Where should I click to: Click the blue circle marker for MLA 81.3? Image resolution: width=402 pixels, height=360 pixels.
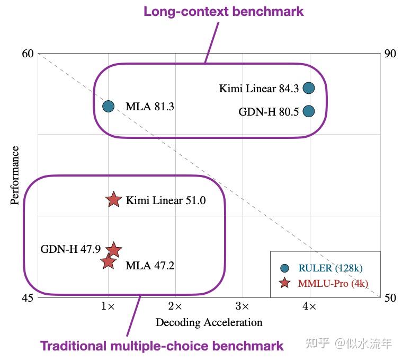click(108, 106)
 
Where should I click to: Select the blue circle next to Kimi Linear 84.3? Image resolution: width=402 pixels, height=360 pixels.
click(309, 88)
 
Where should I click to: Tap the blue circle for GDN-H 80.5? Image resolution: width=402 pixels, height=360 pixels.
click(309, 111)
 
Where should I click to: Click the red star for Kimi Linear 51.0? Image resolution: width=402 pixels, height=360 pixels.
click(113, 200)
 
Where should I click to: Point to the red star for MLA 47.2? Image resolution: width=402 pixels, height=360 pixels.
click(108, 261)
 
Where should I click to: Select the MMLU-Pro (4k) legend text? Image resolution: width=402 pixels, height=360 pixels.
click(333, 283)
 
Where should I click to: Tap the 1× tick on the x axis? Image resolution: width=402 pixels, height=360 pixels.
click(108, 306)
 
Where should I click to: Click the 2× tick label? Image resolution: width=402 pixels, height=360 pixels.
click(175, 306)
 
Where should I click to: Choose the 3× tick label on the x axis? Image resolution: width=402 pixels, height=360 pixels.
click(242, 306)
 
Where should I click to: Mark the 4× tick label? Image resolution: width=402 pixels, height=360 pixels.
click(309, 306)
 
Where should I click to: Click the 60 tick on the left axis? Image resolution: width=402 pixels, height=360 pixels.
click(28, 54)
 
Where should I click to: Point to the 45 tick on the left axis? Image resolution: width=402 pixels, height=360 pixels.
click(28, 297)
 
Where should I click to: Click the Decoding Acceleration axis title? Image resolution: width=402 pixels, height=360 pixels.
click(209, 322)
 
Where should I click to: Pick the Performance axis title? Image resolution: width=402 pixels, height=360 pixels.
click(15, 175)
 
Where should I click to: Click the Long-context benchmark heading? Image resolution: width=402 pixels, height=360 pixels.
click(224, 11)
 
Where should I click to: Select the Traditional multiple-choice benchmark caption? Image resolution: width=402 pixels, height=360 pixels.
click(162, 346)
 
